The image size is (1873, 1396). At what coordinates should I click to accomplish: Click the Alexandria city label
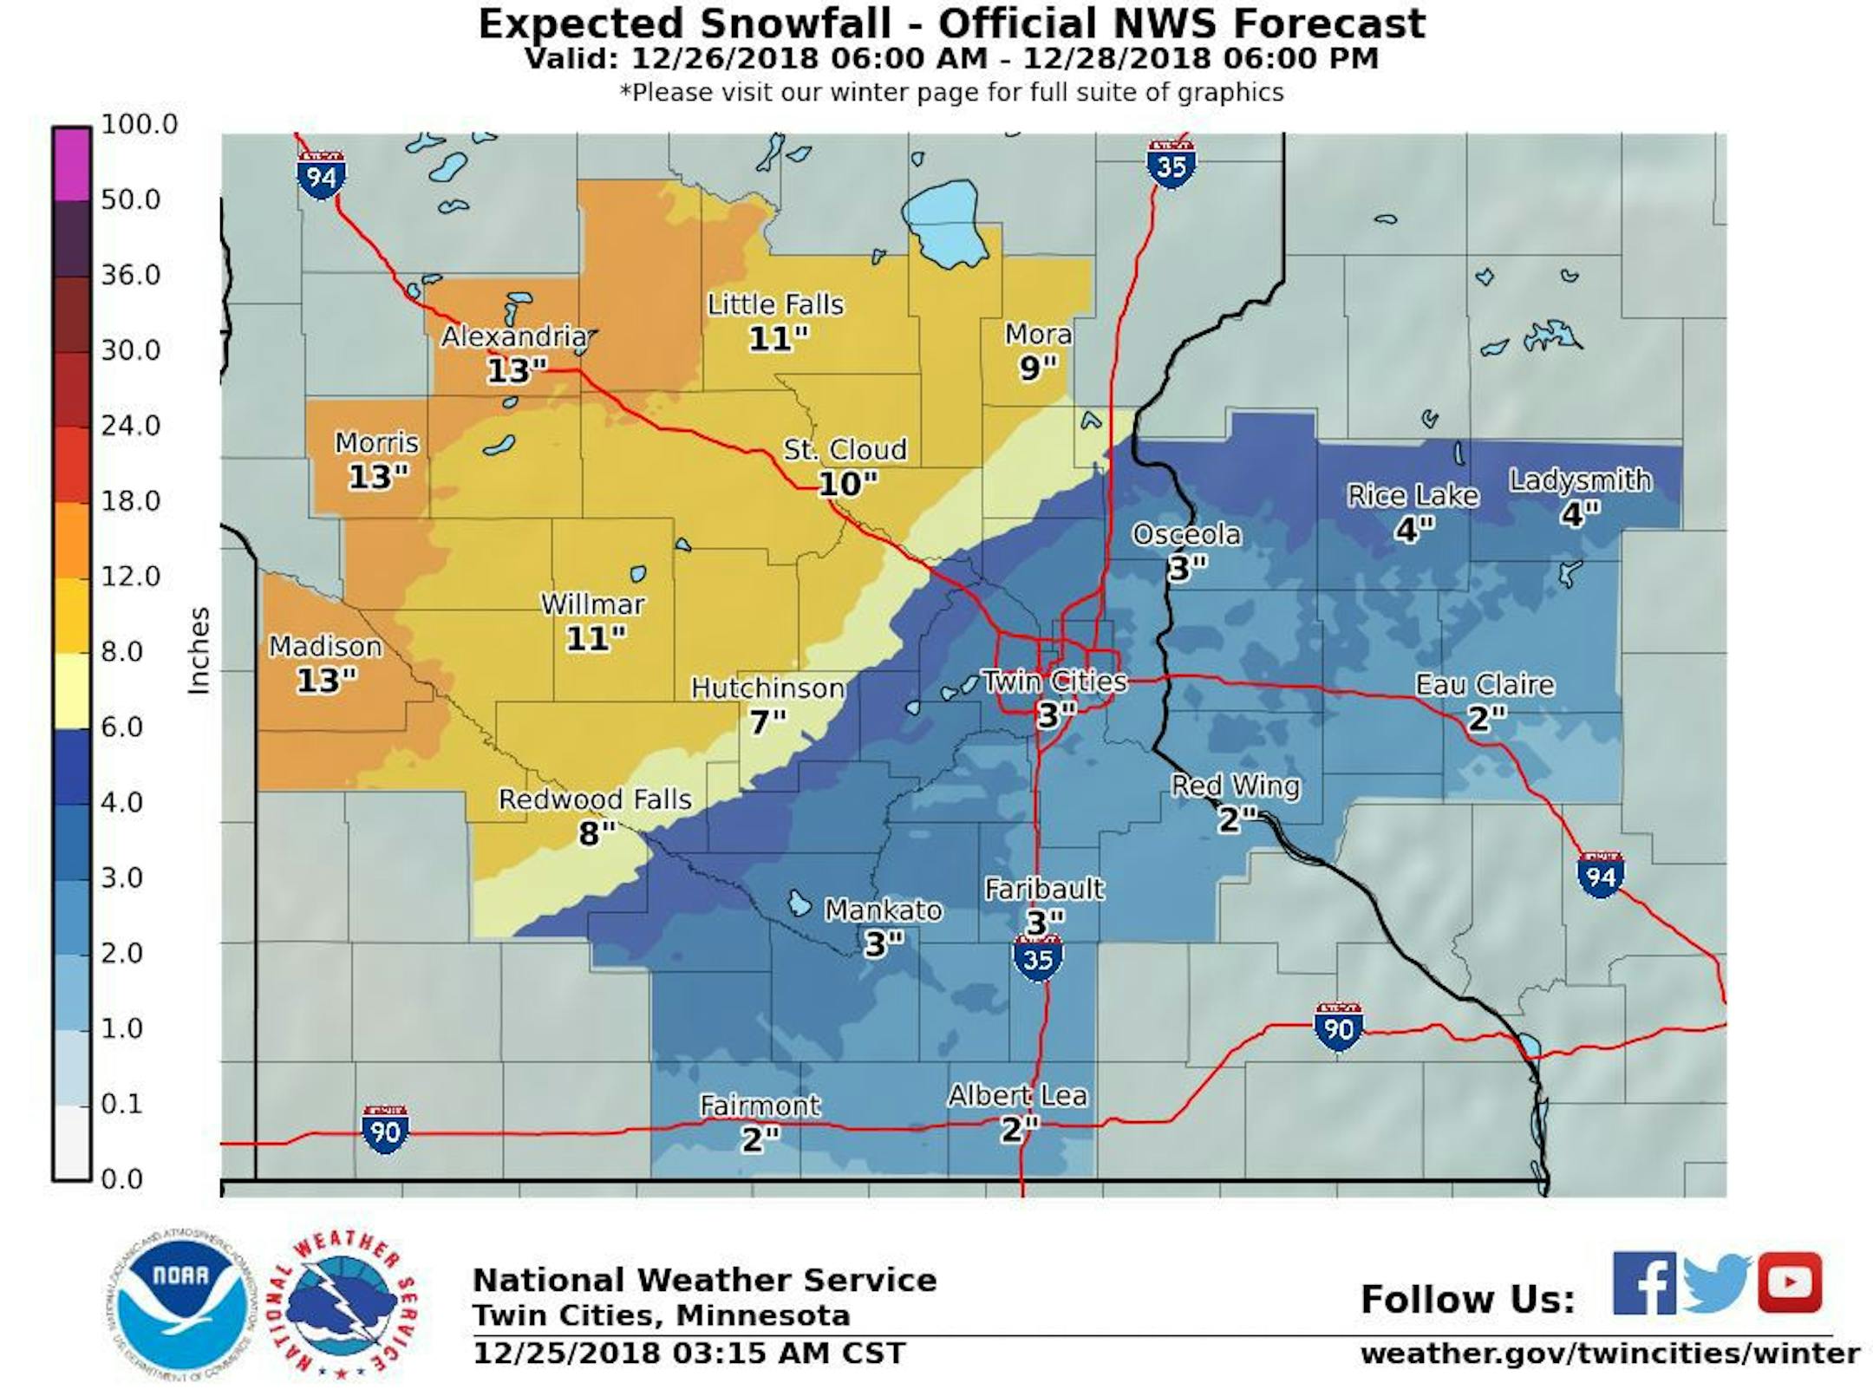click(514, 336)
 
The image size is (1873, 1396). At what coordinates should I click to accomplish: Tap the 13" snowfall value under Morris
click(377, 477)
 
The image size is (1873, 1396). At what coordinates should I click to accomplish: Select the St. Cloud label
click(845, 449)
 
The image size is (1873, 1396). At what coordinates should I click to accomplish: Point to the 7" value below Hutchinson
click(767, 721)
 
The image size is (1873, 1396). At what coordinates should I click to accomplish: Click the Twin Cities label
click(1054, 682)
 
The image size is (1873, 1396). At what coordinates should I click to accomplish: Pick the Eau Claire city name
click(1485, 685)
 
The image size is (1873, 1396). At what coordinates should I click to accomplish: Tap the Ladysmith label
click(1580, 480)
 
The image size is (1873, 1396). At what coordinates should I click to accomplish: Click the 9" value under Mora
click(1037, 369)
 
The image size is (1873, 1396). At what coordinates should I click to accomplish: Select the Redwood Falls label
click(595, 799)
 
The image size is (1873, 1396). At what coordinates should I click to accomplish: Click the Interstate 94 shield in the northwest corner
click(321, 176)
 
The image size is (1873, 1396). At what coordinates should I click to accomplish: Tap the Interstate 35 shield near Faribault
click(1038, 957)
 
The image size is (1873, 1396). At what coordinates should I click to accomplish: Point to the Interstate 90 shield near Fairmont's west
click(385, 1130)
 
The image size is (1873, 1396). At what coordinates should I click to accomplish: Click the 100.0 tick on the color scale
click(139, 124)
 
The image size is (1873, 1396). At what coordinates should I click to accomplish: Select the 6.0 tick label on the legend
click(121, 727)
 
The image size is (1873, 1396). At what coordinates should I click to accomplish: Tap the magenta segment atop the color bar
click(71, 164)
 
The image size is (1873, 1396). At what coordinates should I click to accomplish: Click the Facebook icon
click(1643, 1283)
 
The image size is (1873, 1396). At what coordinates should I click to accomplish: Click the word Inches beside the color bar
click(199, 650)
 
